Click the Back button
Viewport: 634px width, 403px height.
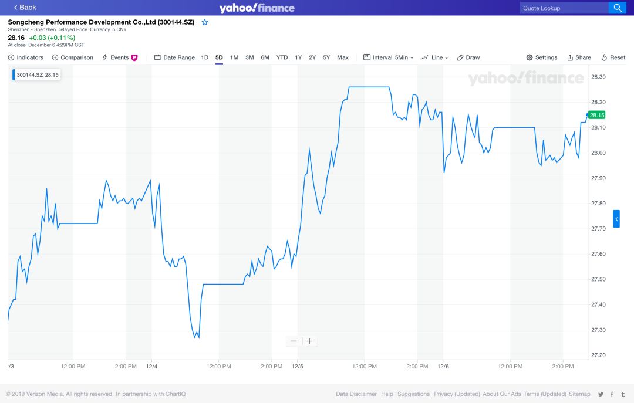pyautogui.click(x=24, y=7)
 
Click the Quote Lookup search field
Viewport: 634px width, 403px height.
pyautogui.click(x=564, y=8)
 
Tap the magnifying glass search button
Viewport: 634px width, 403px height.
pyautogui.click(x=618, y=8)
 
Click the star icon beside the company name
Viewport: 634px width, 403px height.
pyautogui.click(x=205, y=22)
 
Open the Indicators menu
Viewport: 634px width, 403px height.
pyautogui.click(x=26, y=57)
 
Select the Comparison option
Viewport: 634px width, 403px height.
pyautogui.click(x=73, y=57)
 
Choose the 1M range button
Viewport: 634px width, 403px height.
pyautogui.click(x=234, y=57)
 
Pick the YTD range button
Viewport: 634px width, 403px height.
pyautogui.click(x=282, y=57)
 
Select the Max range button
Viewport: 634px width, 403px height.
pyautogui.click(x=343, y=57)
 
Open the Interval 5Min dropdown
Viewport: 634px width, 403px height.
pyautogui.click(x=389, y=57)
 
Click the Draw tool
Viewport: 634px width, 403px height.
pyautogui.click(x=468, y=57)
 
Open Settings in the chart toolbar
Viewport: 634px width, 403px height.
pyautogui.click(x=542, y=57)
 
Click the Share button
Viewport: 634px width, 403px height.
pyautogui.click(x=579, y=57)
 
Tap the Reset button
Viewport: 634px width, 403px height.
pyautogui.click(x=613, y=57)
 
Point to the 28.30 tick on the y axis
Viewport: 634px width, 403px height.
pyautogui.click(x=598, y=77)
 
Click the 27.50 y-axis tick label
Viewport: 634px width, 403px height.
pyautogui.click(x=598, y=279)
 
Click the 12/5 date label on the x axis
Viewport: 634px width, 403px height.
pyautogui.click(x=297, y=367)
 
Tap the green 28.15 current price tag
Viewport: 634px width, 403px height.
pyautogui.click(x=597, y=115)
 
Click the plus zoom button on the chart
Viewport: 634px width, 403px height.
pyautogui.click(x=309, y=341)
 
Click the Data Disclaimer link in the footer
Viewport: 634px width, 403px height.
pyautogui.click(x=356, y=394)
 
